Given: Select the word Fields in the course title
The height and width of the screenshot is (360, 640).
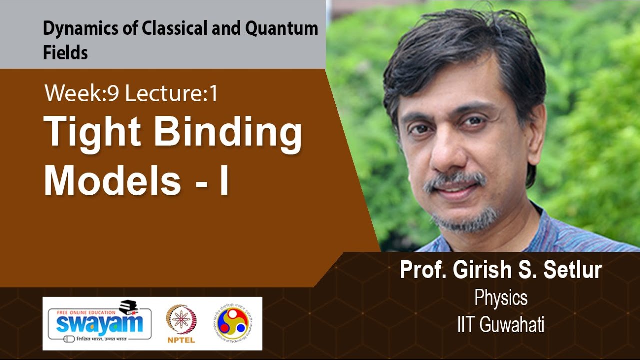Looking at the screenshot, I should click(x=65, y=53).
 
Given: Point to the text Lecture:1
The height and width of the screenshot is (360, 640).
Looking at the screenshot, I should click(x=171, y=93).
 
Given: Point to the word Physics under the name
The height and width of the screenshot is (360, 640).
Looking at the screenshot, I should click(x=501, y=298).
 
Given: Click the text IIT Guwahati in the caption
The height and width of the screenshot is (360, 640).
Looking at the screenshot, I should click(x=501, y=325).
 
